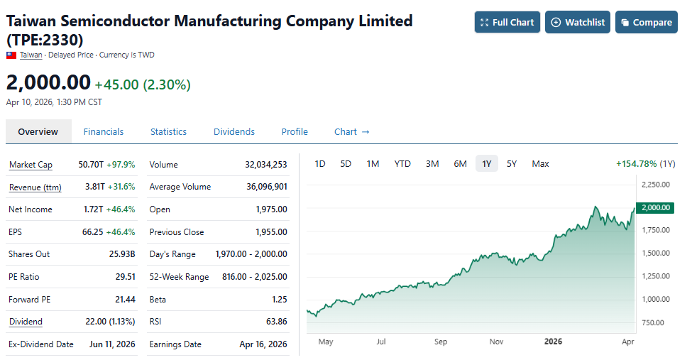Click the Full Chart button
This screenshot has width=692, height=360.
point(507,22)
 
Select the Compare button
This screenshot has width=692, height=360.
point(646,22)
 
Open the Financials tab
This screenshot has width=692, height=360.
point(104,131)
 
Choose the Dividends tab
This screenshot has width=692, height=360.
point(234,131)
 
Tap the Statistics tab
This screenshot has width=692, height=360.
point(168,131)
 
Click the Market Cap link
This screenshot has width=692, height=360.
point(31,165)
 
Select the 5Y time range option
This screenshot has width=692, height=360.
point(512,164)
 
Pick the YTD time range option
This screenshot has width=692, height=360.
point(402,164)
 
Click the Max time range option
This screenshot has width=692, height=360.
point(540,164)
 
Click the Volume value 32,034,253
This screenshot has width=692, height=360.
point(265,165)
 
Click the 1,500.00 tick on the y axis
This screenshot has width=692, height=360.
point(655,253)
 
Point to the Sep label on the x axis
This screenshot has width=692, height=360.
point(440,342)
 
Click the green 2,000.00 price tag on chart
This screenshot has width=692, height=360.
point(655,207)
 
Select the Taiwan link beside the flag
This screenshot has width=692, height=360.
point(31,55)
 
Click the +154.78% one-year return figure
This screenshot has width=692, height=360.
point(637,164)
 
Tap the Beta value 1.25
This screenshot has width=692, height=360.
point(279,300)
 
